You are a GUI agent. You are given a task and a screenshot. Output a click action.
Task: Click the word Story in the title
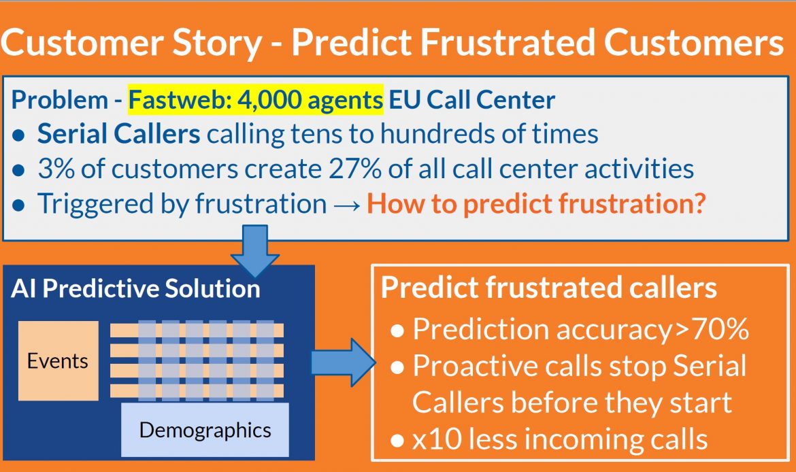pyautogui.click(x=217, y=43)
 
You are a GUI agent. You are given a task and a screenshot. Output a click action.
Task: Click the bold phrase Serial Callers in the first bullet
pyautogui.click(x=119, y=135)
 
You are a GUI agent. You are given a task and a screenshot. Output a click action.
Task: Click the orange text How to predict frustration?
pyautogui.click(x=536, y=204)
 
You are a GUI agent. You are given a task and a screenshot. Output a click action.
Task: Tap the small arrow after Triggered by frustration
pyautogui.click(x=347, y=205)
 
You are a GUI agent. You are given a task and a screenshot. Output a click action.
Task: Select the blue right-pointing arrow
pyautogui.click(x=343, y=363)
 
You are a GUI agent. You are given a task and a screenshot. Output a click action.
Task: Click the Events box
pyautogui.click(x=59, y=361)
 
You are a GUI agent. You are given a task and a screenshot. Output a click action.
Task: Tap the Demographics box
pyautogui.click(x=205, y=430)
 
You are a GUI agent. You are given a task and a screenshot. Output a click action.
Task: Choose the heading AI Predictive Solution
pyautogui.click(x=135, y=288)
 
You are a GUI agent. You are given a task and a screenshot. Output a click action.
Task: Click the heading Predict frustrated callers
pyautogui.click(x=549, y=287)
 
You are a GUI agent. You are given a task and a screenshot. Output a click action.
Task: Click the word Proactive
pyautogui.click(x=476, y=366)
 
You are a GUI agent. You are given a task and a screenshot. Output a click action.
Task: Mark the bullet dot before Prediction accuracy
pyautogui.click(x=397, y=331)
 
